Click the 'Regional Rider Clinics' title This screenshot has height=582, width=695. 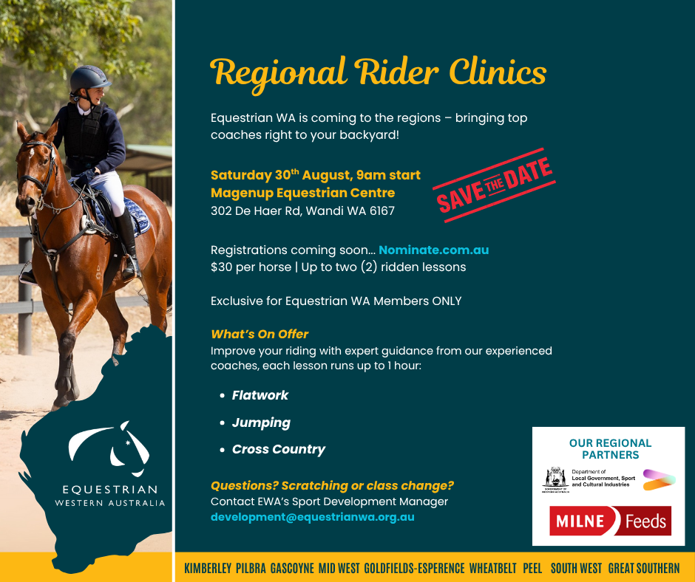tap(378, 74)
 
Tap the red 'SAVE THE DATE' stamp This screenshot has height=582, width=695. tap(494, 185)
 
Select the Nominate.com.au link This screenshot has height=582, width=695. tap(433, 250)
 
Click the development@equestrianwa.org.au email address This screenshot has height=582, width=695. tap(313, 517)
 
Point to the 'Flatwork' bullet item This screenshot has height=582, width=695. tap(260, 395)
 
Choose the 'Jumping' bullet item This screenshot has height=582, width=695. tap(261, 422)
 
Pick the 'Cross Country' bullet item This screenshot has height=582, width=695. tap(278, 449)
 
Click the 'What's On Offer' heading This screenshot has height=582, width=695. tap(260, 334)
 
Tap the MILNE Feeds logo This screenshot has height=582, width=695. tap(610, 521)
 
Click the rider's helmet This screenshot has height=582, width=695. tap(89, 79)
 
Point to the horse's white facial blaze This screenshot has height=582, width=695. tap(33, 153)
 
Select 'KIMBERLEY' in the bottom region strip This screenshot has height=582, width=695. tap(208, 568)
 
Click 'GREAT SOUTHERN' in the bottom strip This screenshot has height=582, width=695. tap(643, 568)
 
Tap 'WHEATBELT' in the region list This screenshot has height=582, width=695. tap(493, 568)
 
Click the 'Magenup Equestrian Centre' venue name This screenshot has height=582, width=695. tap(302, 193)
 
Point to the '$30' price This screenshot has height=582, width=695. tap(222, 267)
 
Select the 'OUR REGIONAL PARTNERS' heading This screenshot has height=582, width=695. tap(610, 448)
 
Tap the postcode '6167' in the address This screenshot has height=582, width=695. tap(382, 210)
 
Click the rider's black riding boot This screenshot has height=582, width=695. tap(128, 244)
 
